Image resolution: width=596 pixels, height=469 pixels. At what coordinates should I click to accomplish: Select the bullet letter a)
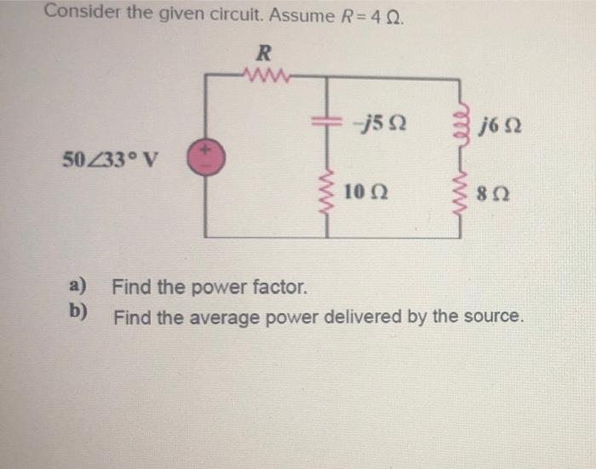pyautogui.click(x=80, y=284)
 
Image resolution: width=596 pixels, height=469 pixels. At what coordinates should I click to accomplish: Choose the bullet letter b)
pyautogui.click(x=80, y=312)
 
